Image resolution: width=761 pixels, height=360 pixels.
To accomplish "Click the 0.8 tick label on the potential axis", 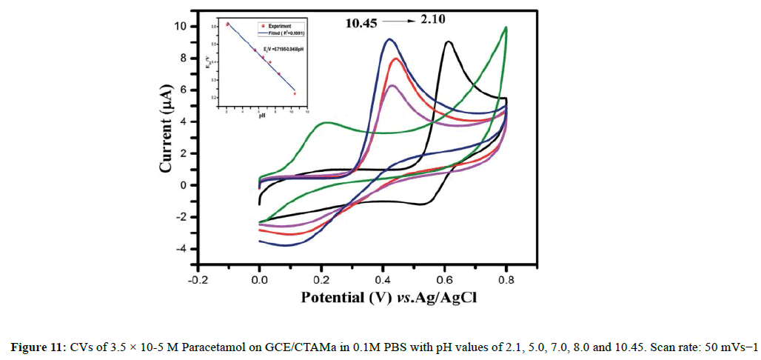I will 506,281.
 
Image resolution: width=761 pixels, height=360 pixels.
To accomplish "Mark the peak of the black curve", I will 449,42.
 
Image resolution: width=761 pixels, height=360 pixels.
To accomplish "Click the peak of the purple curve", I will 392,85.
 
